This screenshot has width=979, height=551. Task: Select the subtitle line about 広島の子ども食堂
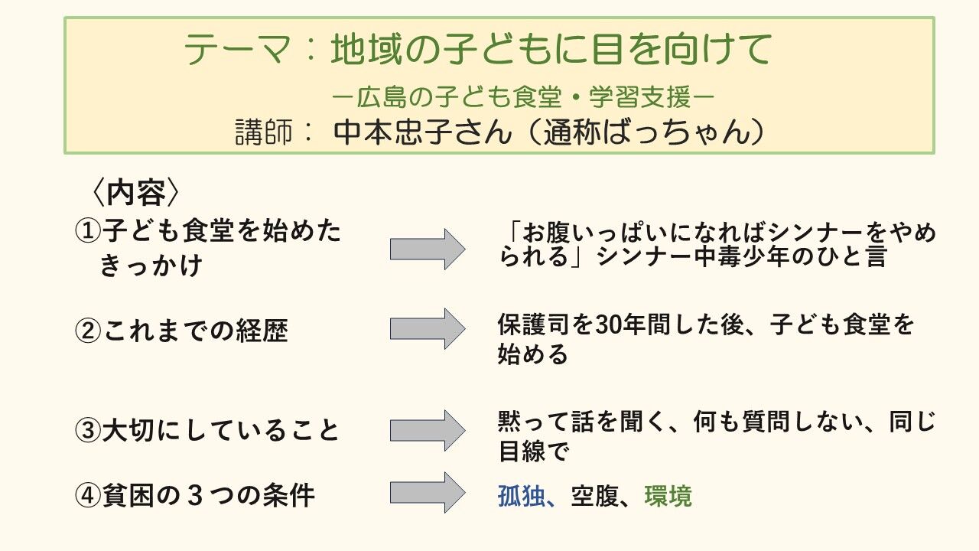[523, 97]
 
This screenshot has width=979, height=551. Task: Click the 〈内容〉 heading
[135, 193]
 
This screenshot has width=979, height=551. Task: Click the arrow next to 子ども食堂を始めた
[428, 249]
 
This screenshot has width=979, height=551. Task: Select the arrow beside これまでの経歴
[428, 329]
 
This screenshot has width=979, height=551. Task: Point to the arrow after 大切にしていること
[428, 430]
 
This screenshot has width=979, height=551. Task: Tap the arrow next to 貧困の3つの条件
[428, 493]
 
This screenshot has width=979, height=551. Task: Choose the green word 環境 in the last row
[668, 497]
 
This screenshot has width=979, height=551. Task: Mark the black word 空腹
[594, 497]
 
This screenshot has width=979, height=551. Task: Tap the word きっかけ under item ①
[151, 266]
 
